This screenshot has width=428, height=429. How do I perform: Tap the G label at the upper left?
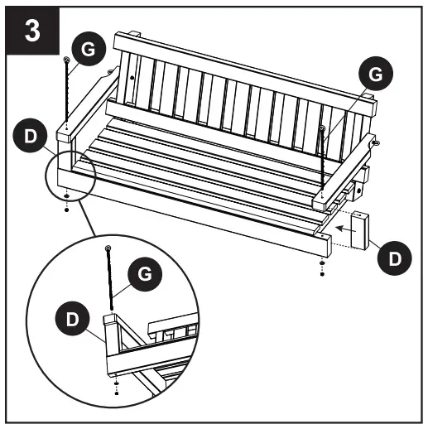(x=88, y=49)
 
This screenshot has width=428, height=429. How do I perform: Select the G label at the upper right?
(x=374, y=75)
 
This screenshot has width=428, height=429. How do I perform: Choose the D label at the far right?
(x=396, y=258)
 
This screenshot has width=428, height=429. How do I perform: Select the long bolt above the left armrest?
(x=65, y=91)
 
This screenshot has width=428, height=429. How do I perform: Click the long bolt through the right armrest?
(x=321, y=161)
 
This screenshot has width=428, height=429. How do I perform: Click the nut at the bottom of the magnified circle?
(x=116, y=389)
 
